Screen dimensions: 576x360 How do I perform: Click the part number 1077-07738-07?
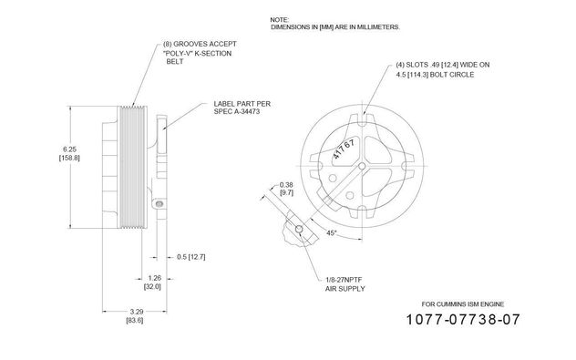463,320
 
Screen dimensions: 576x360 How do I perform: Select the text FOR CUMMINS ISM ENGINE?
463,304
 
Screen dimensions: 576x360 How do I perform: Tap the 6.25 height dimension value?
69,149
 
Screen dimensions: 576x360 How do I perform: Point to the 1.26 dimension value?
154,278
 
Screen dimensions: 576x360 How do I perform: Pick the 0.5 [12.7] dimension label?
191,257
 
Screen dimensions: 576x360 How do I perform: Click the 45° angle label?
332,233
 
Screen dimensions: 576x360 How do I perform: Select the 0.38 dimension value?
286,185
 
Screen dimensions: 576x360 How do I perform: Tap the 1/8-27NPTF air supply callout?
345,284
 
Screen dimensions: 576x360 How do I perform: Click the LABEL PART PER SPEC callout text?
242,108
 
